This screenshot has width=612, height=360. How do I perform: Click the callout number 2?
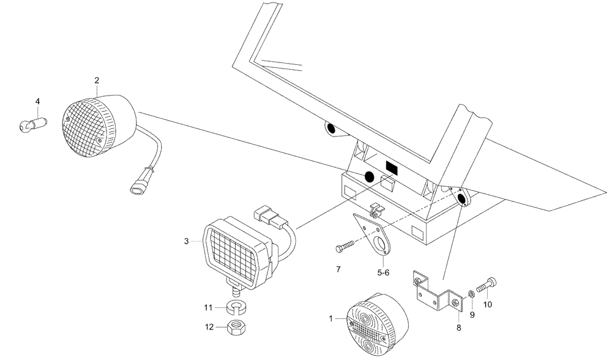coord(96,80)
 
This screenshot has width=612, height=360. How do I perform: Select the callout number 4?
coord(37,100)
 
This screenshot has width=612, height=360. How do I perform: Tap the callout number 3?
coord(186,242)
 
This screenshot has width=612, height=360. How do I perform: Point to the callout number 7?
coord(338,269)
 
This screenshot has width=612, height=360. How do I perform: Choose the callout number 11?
coord(209,307)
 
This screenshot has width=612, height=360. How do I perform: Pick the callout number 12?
coord(209,328)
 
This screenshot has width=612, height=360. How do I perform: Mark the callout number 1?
coord(331,318)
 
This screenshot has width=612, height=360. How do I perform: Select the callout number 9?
coord(472,315)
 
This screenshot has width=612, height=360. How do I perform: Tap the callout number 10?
coord(487,304)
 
